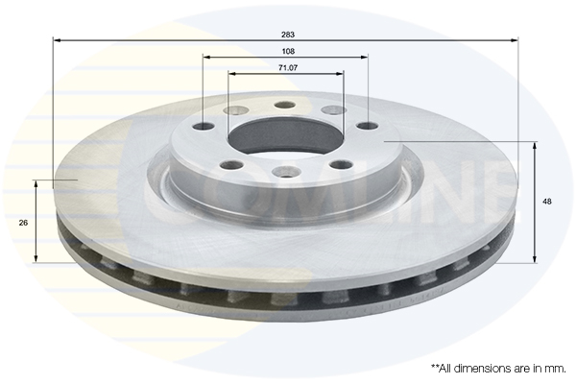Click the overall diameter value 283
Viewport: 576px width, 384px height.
pyautogui.click(x=286, y=34)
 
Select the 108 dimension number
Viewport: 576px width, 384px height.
pyautogui.click(x=286, y=51)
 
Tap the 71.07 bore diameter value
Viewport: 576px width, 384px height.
pyautogui.click(x=286, y=68)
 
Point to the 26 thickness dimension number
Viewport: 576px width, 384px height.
pyautogui.click(x=22, y=222)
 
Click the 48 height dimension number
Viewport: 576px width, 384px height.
pyautogui.click(x=547, y=202)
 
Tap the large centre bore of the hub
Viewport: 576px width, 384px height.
pyautogui.click(x=285, y=135)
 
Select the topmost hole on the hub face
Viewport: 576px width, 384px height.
pyautogui.click(x=283, y=106)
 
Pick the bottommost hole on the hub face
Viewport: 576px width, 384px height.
pyautogui.click(x=283, y=172)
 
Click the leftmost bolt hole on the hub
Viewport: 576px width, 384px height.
pyautogui.click(x=204, y=127)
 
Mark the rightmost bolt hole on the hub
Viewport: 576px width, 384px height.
pyautogui.click(x=368, y=126)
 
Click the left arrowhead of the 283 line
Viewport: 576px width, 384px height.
pyautogui.click(x=56, y=40)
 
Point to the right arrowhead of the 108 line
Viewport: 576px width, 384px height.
pyautogui.click(x=365, y=58)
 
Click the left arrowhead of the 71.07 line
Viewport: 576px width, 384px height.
pyautogui.click(x=231, y=75)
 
